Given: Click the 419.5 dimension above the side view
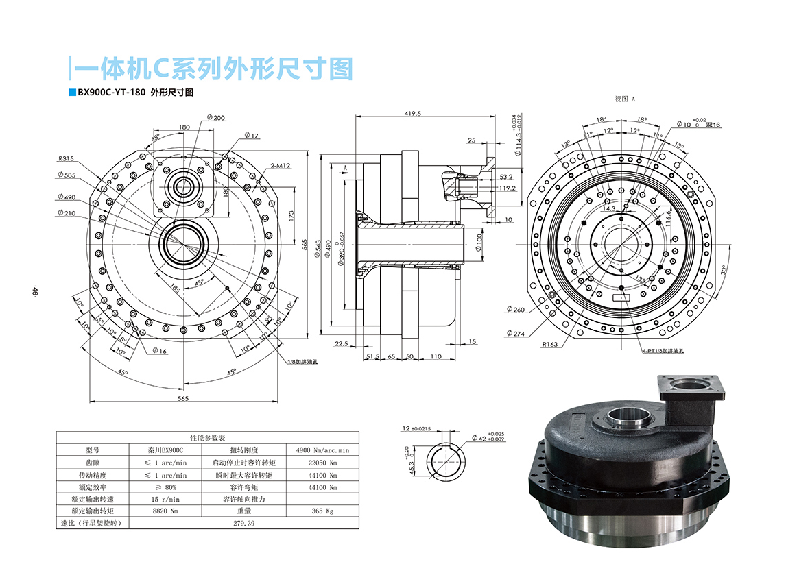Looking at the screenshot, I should click(412, 114).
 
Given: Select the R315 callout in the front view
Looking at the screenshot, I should click(67, 158).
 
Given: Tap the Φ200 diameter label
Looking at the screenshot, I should click(215, 118).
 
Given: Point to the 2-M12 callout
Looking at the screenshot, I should click(281, 166).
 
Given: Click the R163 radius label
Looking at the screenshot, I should click(549, 345).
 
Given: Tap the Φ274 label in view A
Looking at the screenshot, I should click(515, 334).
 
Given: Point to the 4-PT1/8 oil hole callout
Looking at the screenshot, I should click(664, 350).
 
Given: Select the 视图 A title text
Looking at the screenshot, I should click(625, 99).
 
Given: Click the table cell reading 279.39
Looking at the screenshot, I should click(244, 523).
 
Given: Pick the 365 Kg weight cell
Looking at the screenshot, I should click(323, 511).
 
